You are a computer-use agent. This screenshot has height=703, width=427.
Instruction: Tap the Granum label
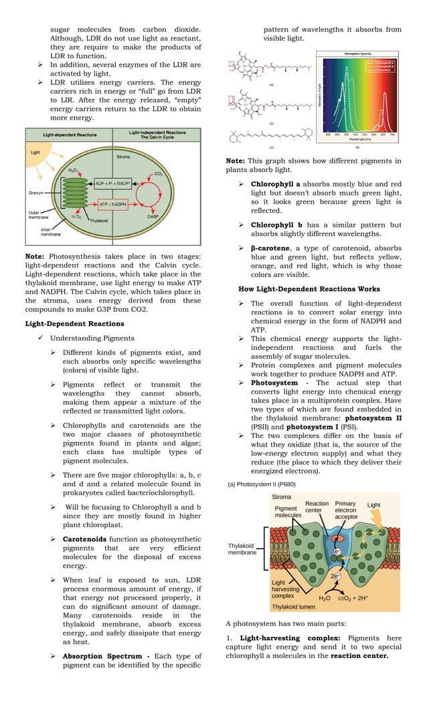36,192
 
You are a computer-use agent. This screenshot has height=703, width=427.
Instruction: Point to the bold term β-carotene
274,248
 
